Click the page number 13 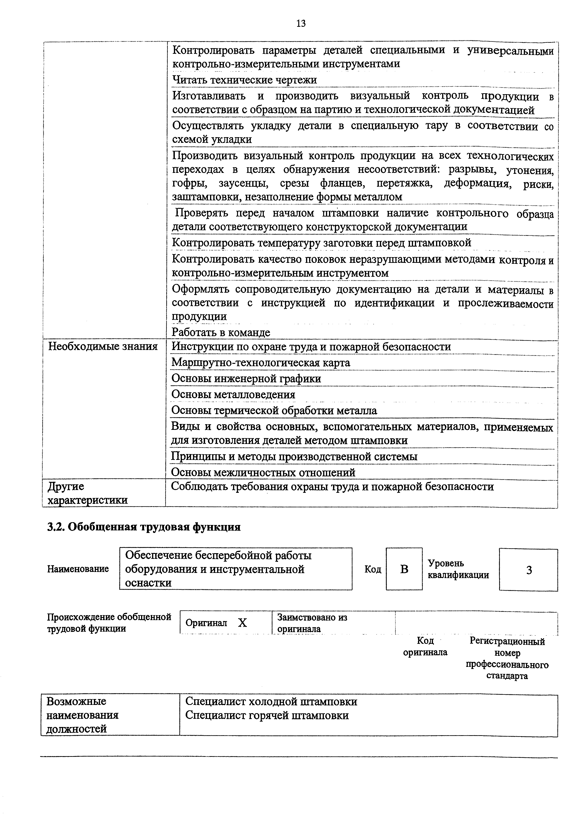[301, 24]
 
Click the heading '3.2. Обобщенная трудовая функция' [144, 527]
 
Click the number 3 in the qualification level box [528, 570]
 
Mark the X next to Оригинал [242, 623]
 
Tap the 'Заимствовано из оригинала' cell [312, 623]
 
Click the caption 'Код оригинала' [425, 646]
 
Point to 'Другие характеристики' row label [88, 493]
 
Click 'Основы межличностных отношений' [263, 473]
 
